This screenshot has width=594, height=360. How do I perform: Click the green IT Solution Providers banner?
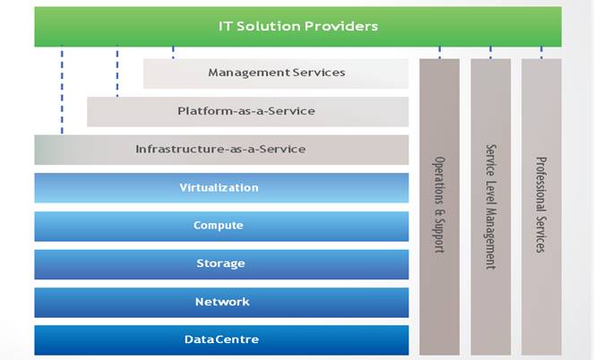[297, 27]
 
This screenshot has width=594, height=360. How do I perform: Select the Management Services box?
[276, 73]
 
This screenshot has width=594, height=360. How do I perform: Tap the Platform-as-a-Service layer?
[248, 112]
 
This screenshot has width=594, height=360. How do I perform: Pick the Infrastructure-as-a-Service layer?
[221, 150]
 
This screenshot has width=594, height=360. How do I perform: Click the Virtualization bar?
[221, 188]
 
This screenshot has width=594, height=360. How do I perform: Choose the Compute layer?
[221, 226]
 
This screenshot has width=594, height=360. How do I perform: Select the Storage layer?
[221, 264]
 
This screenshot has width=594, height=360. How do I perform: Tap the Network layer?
[221, 303]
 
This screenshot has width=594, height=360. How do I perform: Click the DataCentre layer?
[221, 340]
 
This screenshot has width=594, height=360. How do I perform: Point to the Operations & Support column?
[439, 207]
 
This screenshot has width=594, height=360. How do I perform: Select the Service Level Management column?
[491, 207]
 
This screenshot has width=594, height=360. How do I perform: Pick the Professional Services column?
[541, 207]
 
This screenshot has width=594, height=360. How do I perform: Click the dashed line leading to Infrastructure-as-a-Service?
[62, 90]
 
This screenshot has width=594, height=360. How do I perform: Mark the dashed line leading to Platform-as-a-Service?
[117, 71]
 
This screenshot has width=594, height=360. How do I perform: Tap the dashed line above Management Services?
[173, 52]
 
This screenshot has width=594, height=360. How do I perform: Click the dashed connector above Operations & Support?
[439, 52]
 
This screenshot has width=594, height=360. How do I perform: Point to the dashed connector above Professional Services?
[541, 52]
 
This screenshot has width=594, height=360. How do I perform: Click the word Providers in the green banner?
[341, 26]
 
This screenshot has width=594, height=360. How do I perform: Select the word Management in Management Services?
[249, 73]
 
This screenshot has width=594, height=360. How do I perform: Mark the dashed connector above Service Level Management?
[491, 52]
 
